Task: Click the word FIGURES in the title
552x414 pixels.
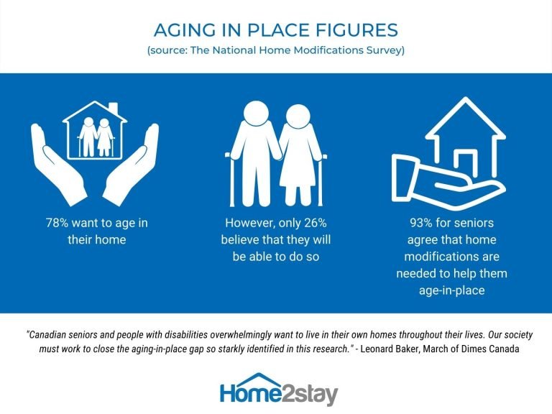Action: click(356, 30)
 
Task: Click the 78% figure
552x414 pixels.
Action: click(57, 223)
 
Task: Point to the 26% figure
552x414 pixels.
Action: click(315, 223)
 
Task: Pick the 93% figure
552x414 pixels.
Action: click(421, 223)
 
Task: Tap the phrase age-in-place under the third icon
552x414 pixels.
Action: click(451, 291)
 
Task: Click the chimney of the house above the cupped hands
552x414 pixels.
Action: click(113, 109)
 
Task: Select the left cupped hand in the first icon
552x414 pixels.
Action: click(58, 164)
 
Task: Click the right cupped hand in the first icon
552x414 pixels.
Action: click(131, 164)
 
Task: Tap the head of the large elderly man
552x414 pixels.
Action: click(256, 113)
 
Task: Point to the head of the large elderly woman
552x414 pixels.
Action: click(298, 116)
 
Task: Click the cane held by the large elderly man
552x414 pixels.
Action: click(231, 180)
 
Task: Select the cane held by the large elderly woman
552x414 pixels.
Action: click(321, 180)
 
